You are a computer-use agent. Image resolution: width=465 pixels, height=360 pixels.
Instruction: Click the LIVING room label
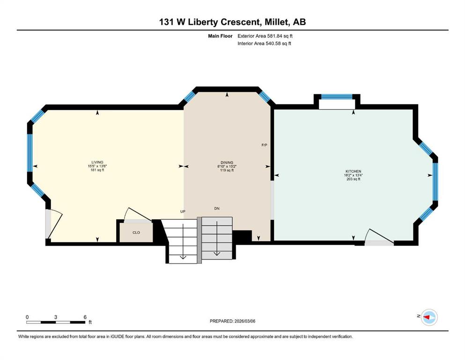point(97,162)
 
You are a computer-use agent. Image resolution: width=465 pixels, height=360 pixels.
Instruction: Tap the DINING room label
point(227,163)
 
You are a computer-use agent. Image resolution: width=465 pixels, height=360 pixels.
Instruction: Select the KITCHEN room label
point(353,171)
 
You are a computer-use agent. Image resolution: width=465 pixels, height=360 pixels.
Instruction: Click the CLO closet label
point(136,232)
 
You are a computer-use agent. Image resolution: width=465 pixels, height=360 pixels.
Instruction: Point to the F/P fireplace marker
point(264,145)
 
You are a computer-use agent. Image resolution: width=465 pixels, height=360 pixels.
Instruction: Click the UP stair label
point(183,211)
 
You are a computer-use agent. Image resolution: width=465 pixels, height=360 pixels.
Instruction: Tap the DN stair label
point(217,208)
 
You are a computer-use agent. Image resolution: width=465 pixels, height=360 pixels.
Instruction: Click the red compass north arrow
point(427,317)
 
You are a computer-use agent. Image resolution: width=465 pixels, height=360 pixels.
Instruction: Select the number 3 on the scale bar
point(56,317)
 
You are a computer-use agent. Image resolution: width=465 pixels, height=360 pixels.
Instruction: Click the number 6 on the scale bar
point(85,317)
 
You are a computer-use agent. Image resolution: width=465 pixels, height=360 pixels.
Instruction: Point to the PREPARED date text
point(232,321)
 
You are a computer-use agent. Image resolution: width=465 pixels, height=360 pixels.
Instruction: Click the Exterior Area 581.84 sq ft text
point(265,36)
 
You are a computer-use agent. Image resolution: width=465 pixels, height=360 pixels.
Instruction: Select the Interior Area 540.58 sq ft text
point(264,43)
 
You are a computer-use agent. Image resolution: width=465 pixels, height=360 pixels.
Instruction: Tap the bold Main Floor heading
point(220,36)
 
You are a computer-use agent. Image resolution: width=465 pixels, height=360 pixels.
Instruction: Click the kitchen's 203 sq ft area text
point(353,179)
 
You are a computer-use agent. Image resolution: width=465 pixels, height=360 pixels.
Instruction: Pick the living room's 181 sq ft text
point(97,170)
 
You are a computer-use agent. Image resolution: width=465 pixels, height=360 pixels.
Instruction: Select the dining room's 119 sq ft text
point(227,170)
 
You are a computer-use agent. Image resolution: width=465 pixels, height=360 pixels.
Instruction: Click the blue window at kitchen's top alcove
point(337,97)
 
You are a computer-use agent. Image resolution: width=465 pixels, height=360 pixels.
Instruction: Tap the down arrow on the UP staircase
point(183,241)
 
